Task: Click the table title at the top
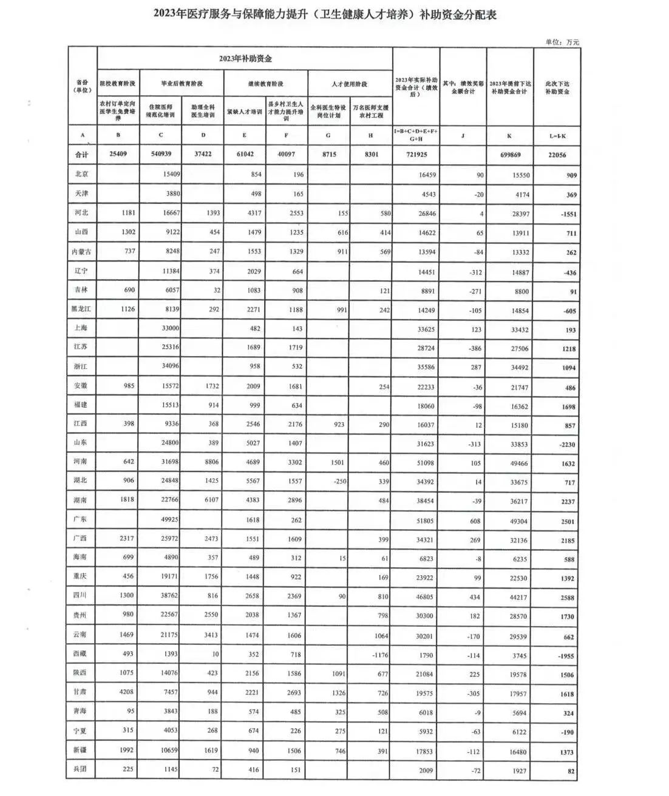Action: [325, 15]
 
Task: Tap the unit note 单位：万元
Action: [562, 42]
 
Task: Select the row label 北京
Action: [82, 174]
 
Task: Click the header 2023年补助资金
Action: [245, 59]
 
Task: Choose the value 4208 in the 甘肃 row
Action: [126, 692]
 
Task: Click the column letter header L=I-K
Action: [557, 137]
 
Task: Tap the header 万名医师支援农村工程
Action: [371, 111]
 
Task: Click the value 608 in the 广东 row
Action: [474, 521]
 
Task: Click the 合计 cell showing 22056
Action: [556, 155]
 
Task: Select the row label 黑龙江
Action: [81, 309]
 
